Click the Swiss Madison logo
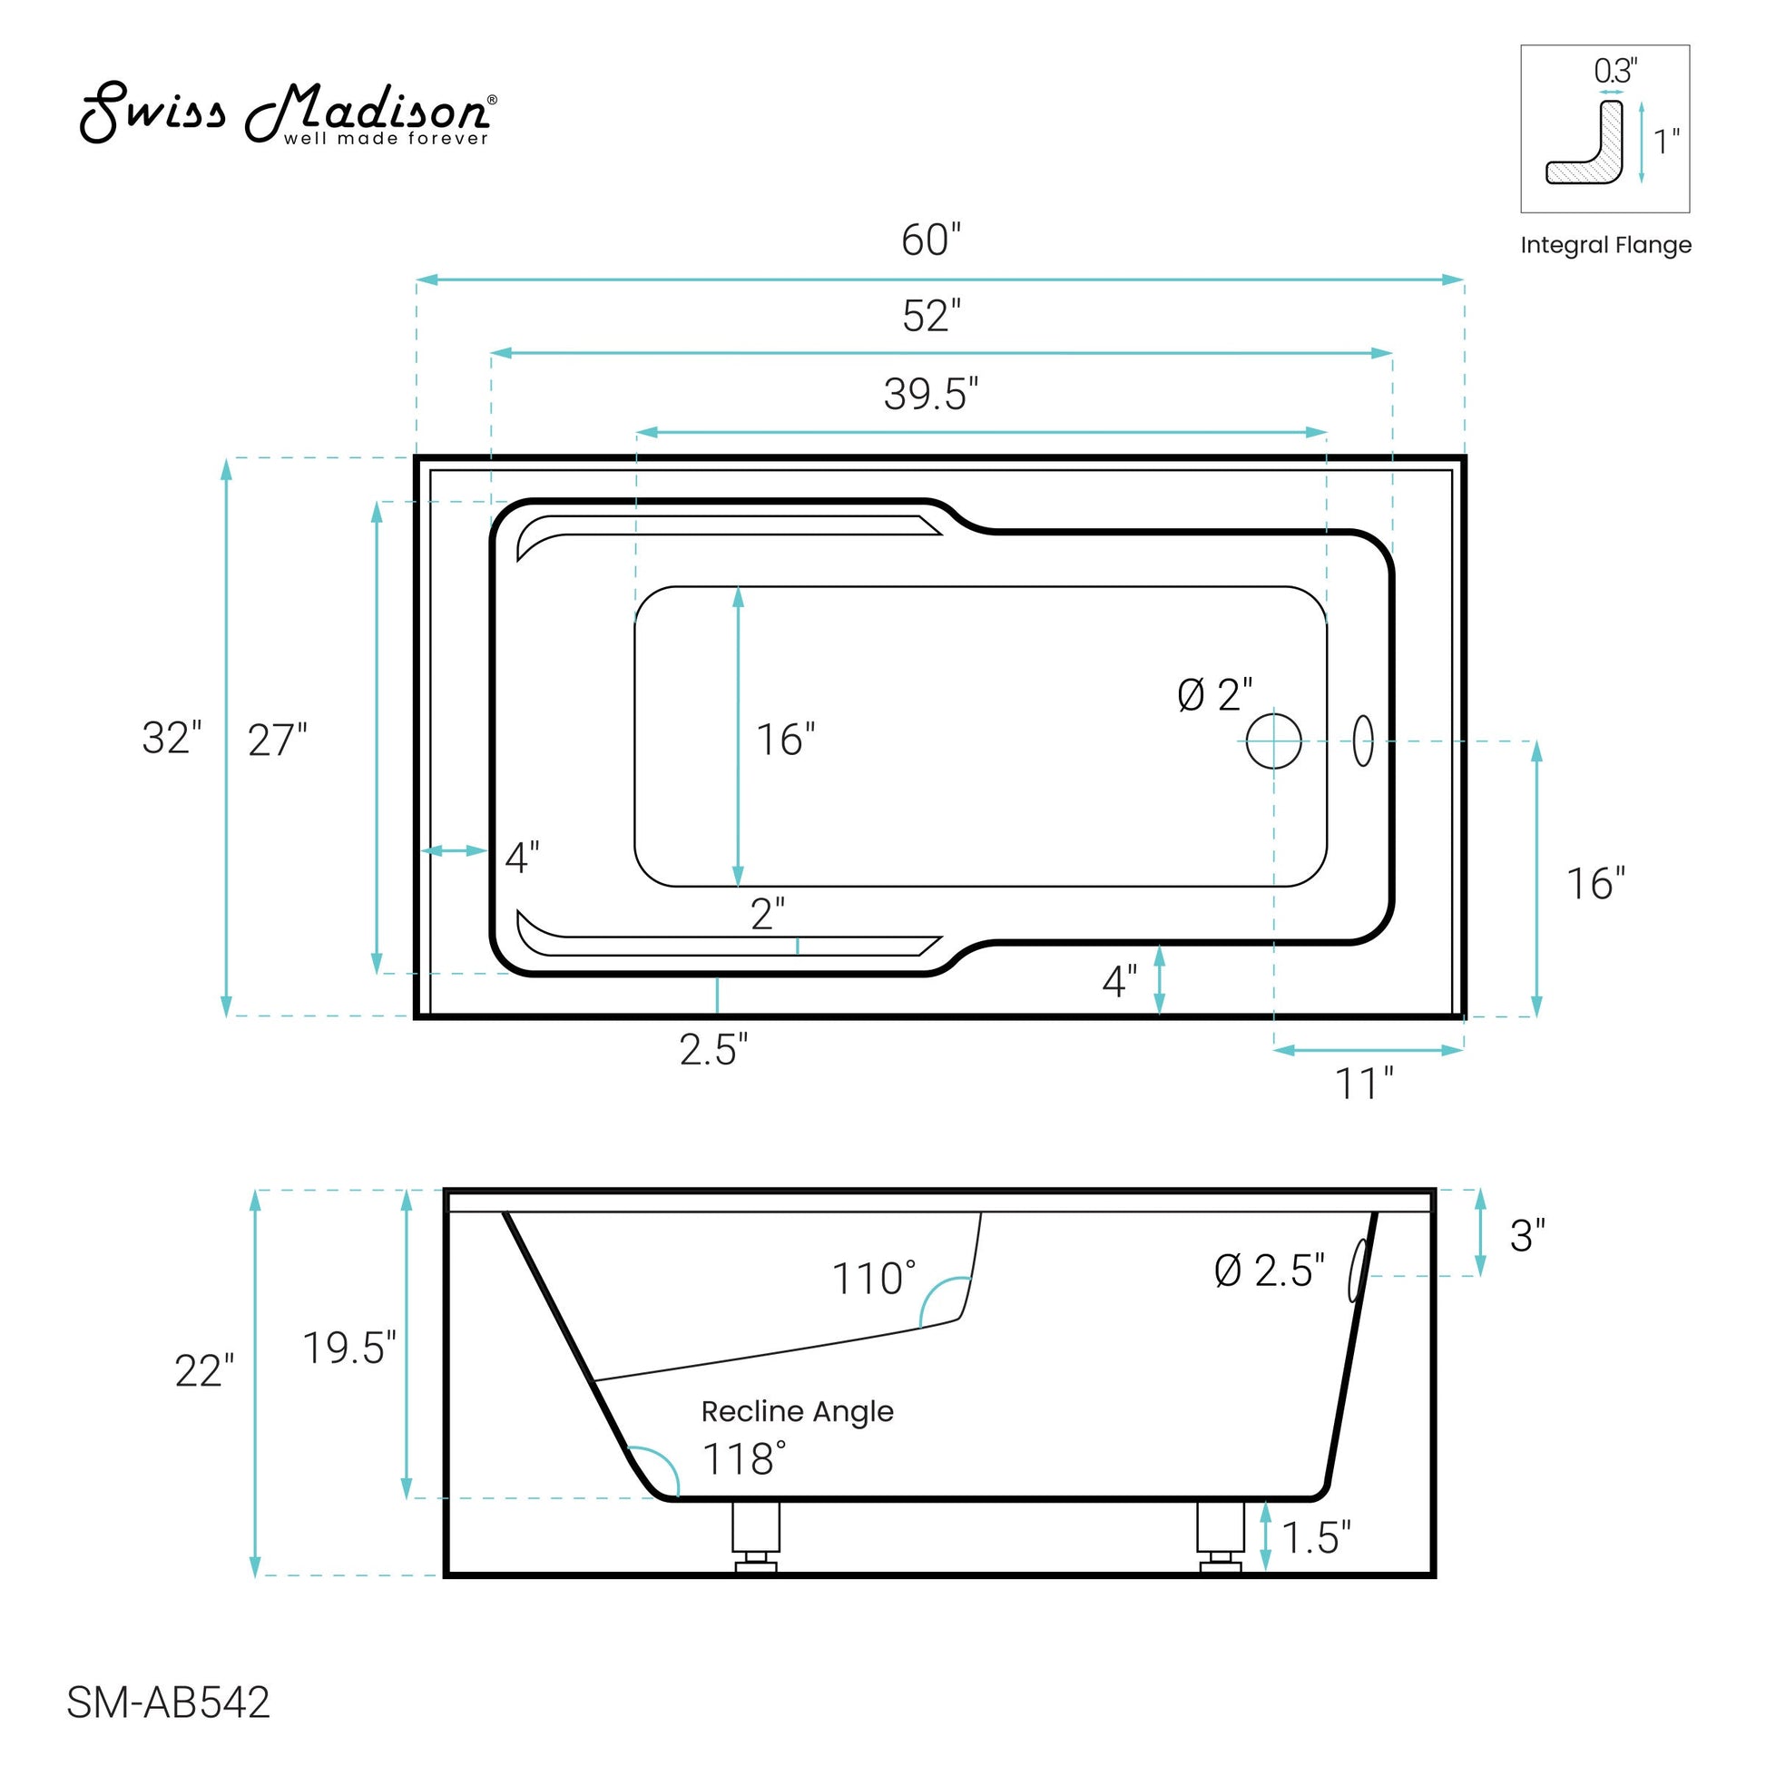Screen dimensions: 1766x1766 point(288,113)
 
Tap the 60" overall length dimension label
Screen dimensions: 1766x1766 point(930,240)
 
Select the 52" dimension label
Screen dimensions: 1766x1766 point(931,317)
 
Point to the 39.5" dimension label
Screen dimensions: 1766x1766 point(930,394)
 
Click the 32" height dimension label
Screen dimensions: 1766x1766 point(172,738)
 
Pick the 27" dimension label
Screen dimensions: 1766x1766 point(278,741)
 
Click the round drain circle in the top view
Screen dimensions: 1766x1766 point(1273,741)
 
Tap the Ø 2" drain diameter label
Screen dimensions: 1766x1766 point(1215,696)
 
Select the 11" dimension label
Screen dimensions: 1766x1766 point(1364,1084)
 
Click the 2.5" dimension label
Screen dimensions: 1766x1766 point(714,1049)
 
